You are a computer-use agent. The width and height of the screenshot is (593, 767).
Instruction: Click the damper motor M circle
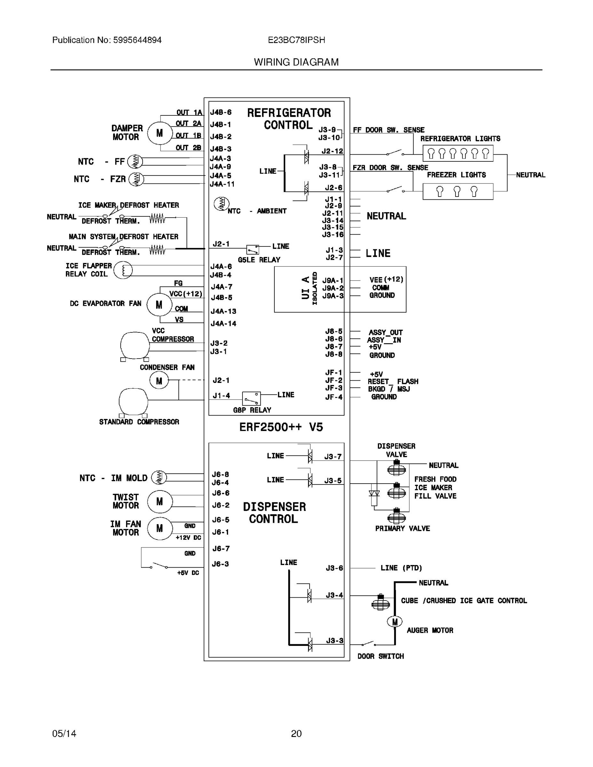[159, 133]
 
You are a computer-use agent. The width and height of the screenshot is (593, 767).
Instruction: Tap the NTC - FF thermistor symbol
[135, 161]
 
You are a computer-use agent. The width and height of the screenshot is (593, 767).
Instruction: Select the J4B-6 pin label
[221, 112]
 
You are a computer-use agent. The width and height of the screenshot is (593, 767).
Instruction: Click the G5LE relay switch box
[252, 249]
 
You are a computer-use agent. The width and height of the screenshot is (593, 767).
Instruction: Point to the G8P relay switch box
[251, 399]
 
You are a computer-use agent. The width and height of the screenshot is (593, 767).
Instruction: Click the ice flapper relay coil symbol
[123, 270]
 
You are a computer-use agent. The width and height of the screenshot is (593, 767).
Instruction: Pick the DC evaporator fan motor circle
[159, 305]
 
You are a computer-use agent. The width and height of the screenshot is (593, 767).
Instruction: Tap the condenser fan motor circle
[159, 381]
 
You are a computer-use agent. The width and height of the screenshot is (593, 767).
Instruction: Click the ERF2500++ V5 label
[281, 427]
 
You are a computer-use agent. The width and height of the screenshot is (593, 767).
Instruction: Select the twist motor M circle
[159, 501]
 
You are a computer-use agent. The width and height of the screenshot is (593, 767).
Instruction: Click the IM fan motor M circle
[159, 528]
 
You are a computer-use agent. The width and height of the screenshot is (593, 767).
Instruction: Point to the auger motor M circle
[394, 622]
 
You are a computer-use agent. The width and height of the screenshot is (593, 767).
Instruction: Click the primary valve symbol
[397, 517]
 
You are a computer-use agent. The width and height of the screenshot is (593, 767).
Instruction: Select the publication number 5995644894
[137, 40]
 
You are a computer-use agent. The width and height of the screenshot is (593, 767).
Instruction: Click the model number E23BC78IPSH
[296, 40]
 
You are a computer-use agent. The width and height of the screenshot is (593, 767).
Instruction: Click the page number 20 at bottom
[296, 733]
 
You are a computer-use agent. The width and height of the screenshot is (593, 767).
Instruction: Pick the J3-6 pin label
[334, 568]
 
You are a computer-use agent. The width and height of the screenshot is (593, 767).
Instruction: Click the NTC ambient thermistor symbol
[221, 204]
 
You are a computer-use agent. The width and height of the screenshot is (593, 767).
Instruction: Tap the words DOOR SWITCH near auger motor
[380, 656]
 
